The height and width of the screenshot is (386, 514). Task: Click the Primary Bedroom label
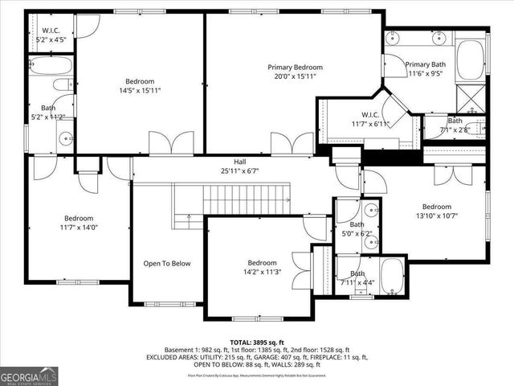click(x=295, y=68)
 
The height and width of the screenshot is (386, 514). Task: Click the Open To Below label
click(x=167, y=263)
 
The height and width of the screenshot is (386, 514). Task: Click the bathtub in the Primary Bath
click(x=471, y=60)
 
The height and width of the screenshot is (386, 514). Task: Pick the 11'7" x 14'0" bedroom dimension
click(x=79, y=228)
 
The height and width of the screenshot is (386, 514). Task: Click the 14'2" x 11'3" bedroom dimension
click(x=262, y=273)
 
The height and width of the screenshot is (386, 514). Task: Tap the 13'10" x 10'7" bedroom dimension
click(x=437, y=216)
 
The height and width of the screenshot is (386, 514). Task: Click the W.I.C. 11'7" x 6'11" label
click(x=369, y=124)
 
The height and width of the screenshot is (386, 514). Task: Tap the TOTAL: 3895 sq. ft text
click(x=256, y=343)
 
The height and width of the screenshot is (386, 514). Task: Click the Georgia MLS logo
click(x=28, y=376)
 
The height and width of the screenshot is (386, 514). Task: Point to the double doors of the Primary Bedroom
click(x=292, y=144)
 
